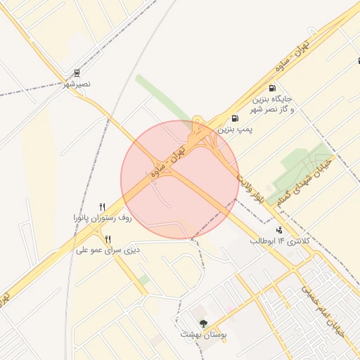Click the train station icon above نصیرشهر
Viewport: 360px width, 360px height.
tap(77, 73)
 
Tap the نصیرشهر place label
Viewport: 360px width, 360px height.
tap(77, 84)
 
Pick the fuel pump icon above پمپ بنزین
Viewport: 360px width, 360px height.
tap(234, 117)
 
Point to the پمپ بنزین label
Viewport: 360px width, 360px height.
tap(235, 129)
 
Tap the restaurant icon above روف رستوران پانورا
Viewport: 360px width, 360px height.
tap(103, 207)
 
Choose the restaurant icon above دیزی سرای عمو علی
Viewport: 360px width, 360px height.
tap(108, 239)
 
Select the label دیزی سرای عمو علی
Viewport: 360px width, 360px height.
tap(108, 250)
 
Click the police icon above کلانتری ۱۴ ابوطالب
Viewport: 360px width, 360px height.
tap(280, 229)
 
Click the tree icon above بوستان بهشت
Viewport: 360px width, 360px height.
tap(204, 324)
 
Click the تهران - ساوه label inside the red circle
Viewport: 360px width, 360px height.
tap(170, 160)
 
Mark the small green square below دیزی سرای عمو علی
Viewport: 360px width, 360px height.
tap(143, 280)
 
